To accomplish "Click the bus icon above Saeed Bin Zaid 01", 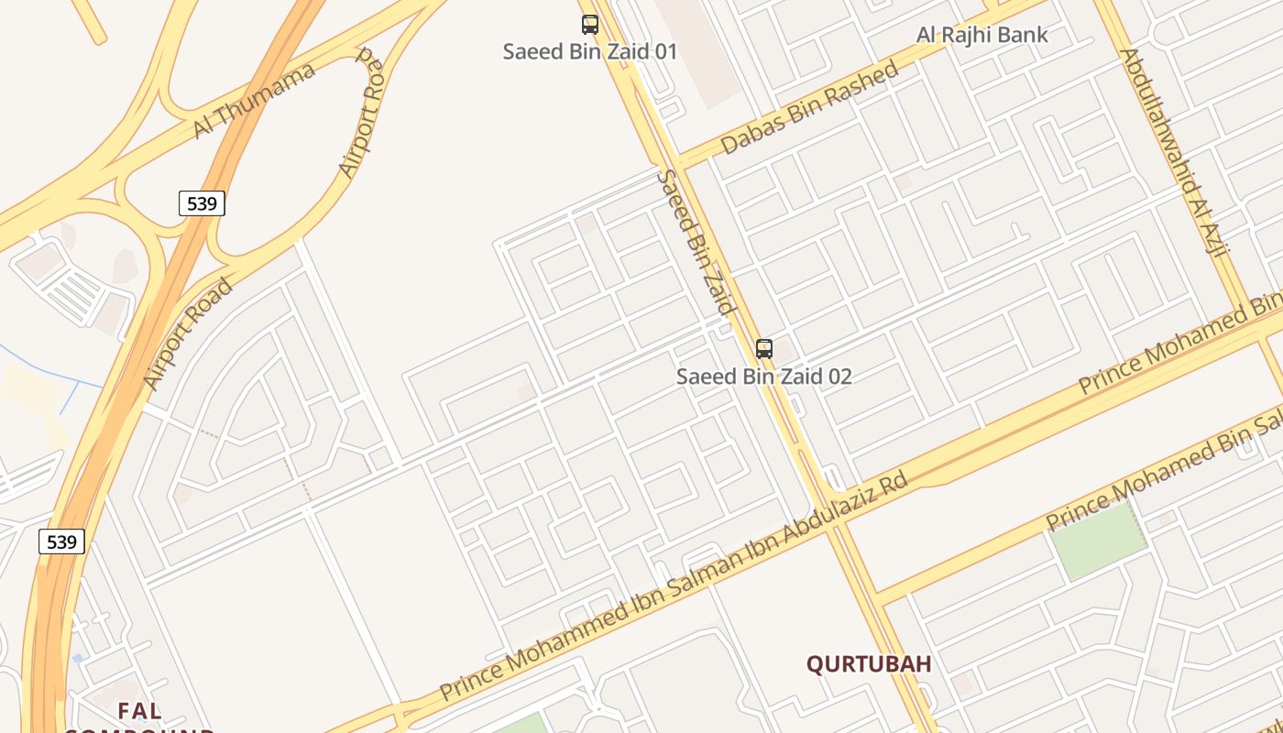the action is pyautogui.click(x=590, y=25).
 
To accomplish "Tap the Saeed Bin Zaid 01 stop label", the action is pyautogui.click(x=590, y=51).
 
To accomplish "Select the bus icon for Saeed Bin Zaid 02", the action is pyautogui.click(x=764, y=349).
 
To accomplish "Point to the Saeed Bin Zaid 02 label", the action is pyautogui.click(x=764, y=377).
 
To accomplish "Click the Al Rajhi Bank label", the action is pyautogui.click(x=982, y=36).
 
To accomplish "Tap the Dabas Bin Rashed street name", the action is pyautogui.click(x=809, y=109).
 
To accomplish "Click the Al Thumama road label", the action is pyautogui.click(x=255, y=101).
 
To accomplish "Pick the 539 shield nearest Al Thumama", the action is pyautogui.click(x=202, y=203).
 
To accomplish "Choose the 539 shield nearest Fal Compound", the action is pyautogui.click(x=61, y=542).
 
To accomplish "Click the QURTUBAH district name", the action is pyautogui.click(x=869, y=664).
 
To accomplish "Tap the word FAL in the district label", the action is pyautogui.click(x=139, y=710).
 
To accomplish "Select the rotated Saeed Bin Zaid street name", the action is pyautogui.click(x=697, y=243).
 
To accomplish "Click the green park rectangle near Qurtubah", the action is pyautogui.click(x=1098, y=541).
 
